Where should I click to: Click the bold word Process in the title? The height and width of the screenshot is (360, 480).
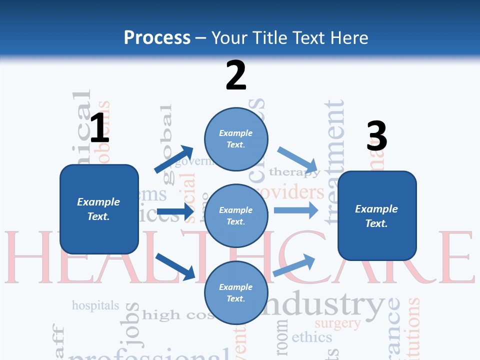tap(157, 38)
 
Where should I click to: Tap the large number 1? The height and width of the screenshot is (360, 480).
tap(99, 128)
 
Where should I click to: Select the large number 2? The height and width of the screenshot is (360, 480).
tap(236, 75)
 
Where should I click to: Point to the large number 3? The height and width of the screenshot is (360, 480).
tap(376, 136)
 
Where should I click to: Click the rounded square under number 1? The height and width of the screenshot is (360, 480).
tap(99, 209)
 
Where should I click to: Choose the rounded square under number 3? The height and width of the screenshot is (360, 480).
tap(377, 215)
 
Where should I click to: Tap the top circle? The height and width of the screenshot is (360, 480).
tap(236, 139)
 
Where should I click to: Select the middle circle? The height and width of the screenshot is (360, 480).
tap(236, 215)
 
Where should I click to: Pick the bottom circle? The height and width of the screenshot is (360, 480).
tap(236, 292)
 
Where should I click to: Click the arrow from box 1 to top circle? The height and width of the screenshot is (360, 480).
tap(173, 159)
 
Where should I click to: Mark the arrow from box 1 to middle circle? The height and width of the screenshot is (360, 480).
tap(175, 212)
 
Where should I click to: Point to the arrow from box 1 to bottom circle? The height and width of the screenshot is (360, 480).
tap(175, 266)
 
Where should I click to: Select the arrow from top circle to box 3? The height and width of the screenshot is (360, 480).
tap(298, 160)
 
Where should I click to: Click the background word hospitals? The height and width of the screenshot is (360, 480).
tap(95, 305)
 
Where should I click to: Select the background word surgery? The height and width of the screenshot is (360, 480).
tap(337, 323)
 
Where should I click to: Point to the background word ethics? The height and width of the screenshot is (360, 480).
tap(311, 337)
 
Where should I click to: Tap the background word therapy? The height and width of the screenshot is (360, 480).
tap(294, 172)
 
